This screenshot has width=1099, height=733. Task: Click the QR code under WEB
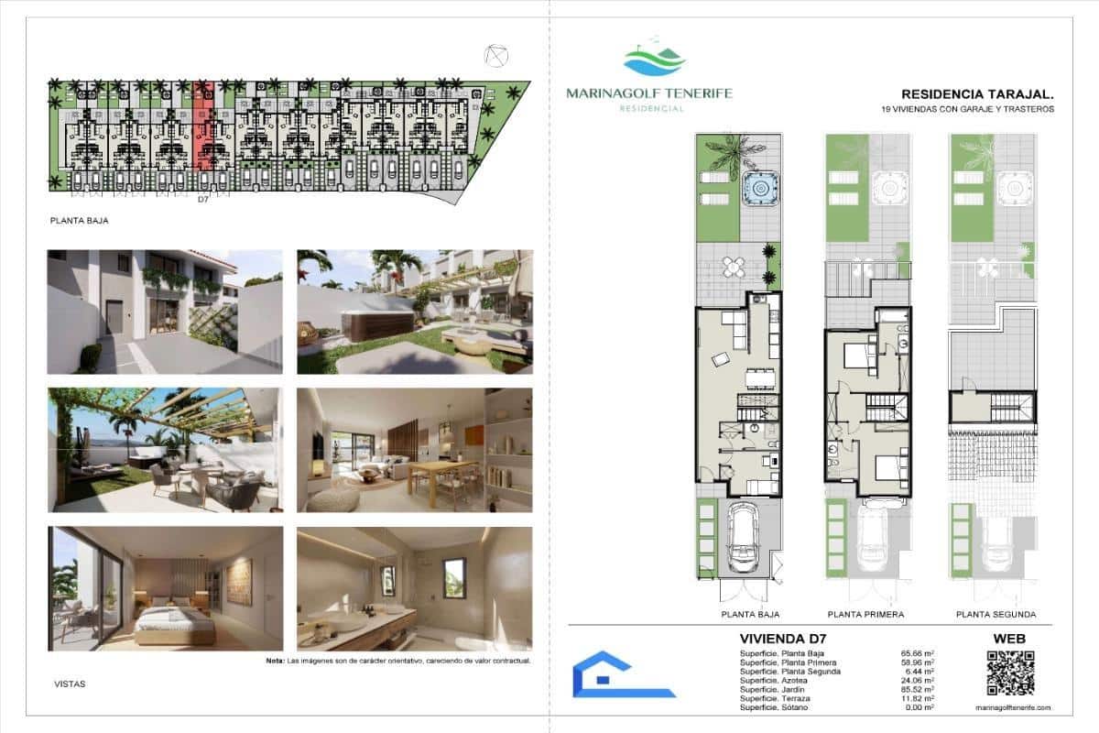(x=1010, y=673)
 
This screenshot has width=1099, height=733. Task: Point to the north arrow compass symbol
(x=496, y=56)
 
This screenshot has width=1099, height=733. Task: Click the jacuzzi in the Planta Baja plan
(x=758, y=189)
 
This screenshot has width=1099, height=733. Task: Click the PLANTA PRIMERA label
(x=865, y=615)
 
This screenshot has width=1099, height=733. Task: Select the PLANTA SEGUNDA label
(x=996, y=615)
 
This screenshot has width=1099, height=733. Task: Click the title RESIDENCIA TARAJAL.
(x=977, y=94)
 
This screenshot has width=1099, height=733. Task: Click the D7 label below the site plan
(x=204, y=199)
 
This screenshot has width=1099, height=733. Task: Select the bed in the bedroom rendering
(x=174, y=620)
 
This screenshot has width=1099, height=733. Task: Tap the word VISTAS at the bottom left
(x=69, y=683)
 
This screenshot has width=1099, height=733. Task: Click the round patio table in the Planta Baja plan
(x=734, y=267)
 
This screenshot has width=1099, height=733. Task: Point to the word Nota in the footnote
(x=275, y=661)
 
